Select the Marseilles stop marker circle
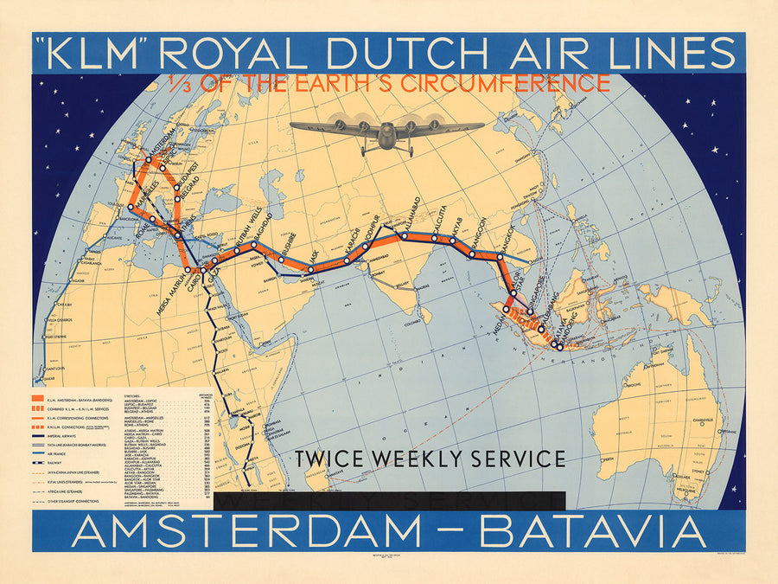[131, 207]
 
